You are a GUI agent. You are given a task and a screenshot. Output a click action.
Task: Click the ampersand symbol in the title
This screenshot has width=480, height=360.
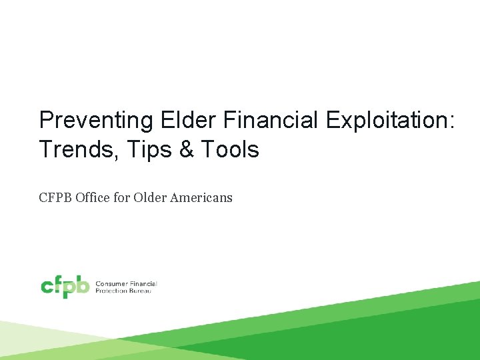coord(187,149)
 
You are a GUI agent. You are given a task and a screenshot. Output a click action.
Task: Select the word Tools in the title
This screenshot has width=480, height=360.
coord(230,149)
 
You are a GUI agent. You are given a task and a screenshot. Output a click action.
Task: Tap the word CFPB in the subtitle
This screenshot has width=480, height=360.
coord(55,197)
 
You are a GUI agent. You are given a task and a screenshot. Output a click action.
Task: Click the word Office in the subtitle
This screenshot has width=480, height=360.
coord(93,197)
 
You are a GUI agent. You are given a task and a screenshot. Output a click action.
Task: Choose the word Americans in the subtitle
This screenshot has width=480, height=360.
coord(201,197)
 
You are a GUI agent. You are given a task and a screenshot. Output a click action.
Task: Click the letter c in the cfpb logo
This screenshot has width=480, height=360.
coord(47,287)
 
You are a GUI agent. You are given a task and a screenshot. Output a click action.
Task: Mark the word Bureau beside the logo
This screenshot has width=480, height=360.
coord(141,291)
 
